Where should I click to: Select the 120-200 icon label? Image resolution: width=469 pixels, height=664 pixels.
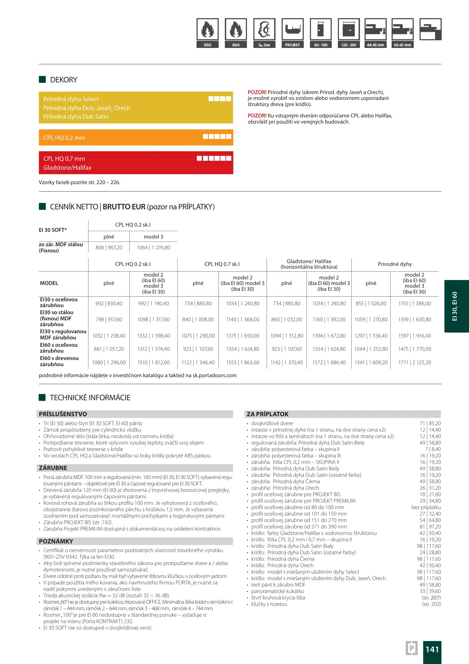tap(349, 45)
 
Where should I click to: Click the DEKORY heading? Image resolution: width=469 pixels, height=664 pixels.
tap(64, 80)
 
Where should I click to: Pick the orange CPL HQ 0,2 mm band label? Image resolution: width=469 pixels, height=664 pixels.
tap(64, 138)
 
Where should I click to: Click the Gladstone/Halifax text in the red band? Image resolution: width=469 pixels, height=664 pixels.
tap(67, 168)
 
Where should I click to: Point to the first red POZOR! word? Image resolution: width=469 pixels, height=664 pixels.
tap(257, 92)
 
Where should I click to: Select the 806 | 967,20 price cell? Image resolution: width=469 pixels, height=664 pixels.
tap(109, 247)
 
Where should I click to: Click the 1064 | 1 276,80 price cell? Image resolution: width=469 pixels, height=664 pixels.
tap(153, 247)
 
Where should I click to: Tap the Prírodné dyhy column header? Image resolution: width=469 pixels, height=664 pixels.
tap(395, 264)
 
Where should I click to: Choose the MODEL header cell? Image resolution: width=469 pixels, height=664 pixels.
tap(49, 283)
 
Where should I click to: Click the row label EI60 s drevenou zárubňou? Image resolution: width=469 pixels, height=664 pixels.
tap(59, 361)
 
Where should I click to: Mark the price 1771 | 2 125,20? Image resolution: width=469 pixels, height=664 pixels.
tap(414, 362)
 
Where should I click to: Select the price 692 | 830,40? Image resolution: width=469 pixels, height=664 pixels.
tap(109, 303)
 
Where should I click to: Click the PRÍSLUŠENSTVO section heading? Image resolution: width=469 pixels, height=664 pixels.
tap(63, 414)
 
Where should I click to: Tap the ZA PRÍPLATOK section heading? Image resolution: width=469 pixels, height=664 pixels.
tap(268, 414)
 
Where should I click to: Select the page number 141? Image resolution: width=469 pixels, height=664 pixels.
tap(432, 649)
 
